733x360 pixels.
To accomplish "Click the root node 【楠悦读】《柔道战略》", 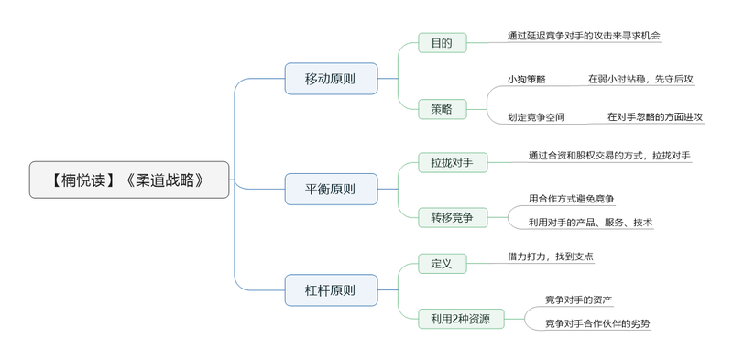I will point(128,180).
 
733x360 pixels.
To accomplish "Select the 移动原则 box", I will point(330,78).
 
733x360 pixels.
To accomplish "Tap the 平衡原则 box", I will point(330,190).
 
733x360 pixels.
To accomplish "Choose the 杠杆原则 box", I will point(330,290).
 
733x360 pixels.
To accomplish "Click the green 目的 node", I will point(442,42).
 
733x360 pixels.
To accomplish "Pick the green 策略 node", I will point(442,109).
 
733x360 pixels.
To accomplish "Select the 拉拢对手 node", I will point(452,163).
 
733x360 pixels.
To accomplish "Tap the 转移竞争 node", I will point(452,217).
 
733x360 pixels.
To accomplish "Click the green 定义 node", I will point(442,264).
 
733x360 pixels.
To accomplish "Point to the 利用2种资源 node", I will point(461,319).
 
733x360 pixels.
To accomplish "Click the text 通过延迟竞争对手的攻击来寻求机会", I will point(584,36).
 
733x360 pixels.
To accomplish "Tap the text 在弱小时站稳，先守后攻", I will point(640,80).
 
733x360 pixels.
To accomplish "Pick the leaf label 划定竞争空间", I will point(536,117).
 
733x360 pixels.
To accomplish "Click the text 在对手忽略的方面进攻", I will point(655,117).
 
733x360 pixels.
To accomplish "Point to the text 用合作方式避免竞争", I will point(571,198).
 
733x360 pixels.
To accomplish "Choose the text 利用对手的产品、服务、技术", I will point(590,222).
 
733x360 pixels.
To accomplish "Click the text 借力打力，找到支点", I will point(550,257).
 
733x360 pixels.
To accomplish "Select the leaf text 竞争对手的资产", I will point(579,300).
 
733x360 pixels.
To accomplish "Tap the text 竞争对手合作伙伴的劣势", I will point(597,323).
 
